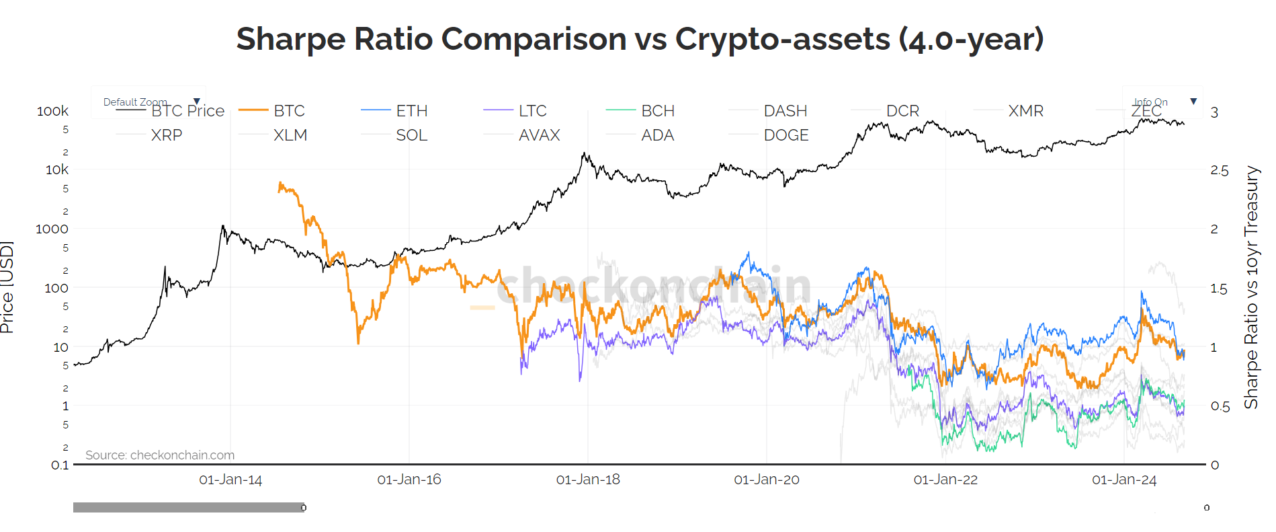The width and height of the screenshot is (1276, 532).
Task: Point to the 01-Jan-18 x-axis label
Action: pos(588,480)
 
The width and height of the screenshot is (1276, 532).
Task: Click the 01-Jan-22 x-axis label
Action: pos(945,480)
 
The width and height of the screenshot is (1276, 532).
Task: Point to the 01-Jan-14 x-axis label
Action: pos(230,480)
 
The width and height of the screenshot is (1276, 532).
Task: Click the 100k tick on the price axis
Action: pos(52,111)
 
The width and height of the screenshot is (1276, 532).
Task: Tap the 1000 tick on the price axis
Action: pos(52,229)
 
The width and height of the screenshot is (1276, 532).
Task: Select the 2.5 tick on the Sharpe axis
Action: pos(1219,170)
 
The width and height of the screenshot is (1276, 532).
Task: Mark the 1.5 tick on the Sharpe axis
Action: pos(1219,289)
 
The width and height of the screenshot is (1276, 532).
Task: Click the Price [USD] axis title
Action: pos(7,287)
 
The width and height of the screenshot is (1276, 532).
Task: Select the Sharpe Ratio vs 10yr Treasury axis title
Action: pos(1250,287)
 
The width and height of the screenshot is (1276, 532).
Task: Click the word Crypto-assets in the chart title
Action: pos(782,39)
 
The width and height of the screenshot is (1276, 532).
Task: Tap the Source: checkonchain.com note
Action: pos(160,455)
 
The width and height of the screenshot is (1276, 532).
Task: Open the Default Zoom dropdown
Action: pos(151,102)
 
